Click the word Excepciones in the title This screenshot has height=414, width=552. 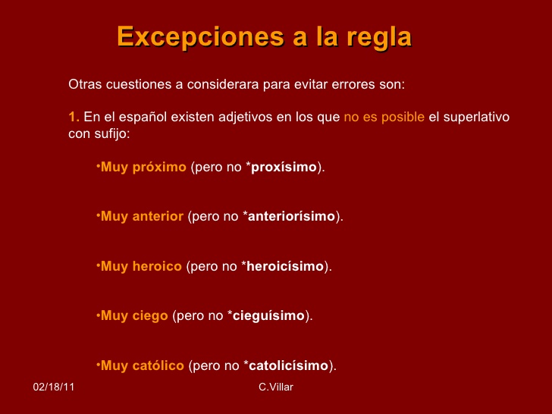click(200, 36)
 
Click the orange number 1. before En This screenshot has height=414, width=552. click(74, 117)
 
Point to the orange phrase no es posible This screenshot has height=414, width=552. click(384, 118)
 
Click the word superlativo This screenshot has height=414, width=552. click(476, 118)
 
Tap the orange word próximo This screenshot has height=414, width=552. click(159, 168)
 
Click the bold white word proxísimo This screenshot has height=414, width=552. click(284, 168)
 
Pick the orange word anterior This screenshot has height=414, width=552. click(158, 216)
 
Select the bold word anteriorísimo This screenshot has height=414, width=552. click(291, 216)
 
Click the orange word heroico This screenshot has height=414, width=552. click(157, 266)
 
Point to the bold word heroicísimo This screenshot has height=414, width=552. click(285, 266)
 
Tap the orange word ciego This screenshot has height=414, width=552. click(150, 316)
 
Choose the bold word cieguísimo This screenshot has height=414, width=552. click(268, 316)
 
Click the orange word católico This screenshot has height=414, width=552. click(158, 365)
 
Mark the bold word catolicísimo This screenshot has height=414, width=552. click(289, 365)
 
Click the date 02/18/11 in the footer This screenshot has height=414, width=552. click(54, 387)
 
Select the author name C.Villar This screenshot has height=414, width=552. click(276, 387)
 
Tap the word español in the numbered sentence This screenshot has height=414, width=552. click(143, 118)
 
